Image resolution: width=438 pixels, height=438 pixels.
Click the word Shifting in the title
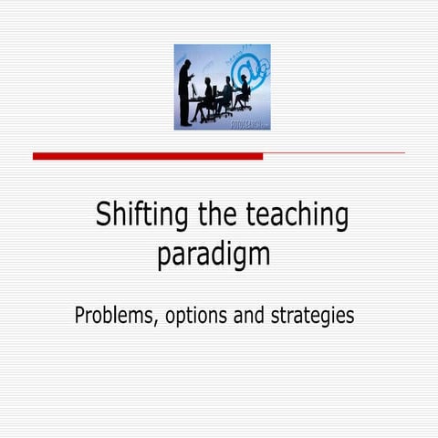(140, 217)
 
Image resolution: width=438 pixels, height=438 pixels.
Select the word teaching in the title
(297, 217)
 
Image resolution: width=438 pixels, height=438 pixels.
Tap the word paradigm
(214, 254)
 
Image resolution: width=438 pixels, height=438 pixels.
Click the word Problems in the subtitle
(115, 316)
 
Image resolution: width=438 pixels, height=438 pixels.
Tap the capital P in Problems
(80, 316)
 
